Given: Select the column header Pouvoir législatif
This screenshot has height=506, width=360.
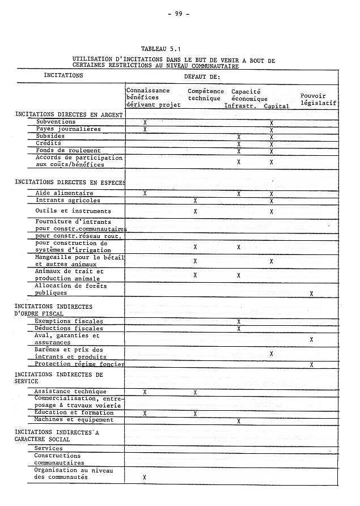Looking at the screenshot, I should [318, 99].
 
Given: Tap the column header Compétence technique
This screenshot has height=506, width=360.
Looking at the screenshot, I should [204, 95].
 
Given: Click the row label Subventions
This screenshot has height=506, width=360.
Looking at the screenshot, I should [56, 122].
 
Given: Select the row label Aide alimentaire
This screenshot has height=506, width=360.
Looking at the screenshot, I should [64, 193].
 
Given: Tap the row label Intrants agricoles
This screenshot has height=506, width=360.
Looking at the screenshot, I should [68, 201].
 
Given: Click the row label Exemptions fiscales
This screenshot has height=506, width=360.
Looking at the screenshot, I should [69, 321].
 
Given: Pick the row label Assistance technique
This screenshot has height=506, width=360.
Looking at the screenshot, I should [70, 392].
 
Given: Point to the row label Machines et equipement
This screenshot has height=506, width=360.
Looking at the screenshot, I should [74, 420].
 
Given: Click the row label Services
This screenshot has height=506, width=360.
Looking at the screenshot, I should [49, 448].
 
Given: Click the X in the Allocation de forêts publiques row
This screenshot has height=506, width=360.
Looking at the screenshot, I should [311, 294].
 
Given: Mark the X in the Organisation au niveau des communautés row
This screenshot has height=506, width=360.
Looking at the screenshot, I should [145, 477].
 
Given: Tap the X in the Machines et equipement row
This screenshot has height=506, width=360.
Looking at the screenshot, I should [239, 421].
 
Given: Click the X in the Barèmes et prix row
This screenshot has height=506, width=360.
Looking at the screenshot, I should [272, 354].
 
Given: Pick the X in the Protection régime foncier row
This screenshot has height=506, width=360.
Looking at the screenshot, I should [311, 364].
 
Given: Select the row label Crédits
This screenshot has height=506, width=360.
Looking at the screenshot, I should [48, 143].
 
